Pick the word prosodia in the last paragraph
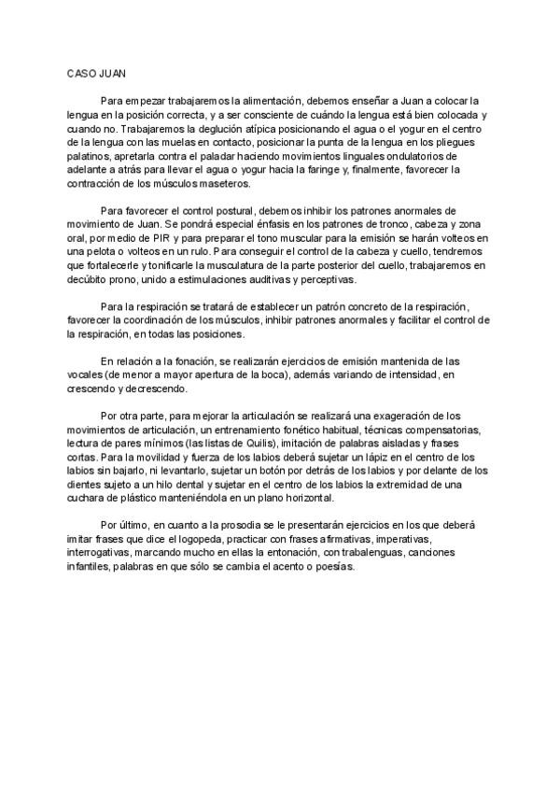pos(253,526)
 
